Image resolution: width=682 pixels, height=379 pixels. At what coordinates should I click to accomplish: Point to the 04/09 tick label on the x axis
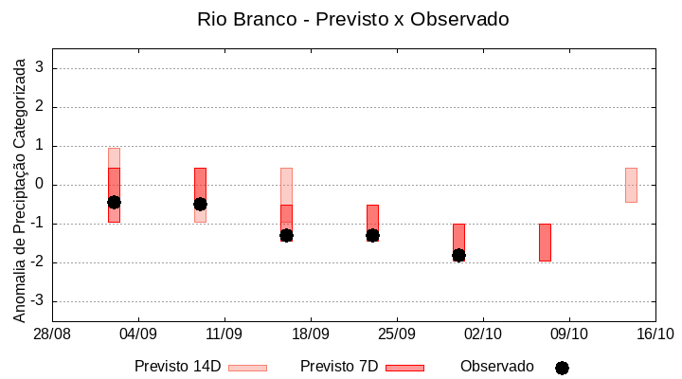point(138,334)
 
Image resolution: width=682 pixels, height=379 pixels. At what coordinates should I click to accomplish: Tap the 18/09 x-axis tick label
point(311,334)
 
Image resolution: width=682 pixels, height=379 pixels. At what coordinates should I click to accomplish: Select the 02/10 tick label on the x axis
point(483,334)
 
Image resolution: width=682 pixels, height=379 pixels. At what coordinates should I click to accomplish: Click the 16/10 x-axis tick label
point(655,334)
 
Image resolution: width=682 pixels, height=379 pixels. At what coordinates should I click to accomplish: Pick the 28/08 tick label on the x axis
point(52,334)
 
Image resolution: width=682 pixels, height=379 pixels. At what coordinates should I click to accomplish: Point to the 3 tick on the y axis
point(41,68)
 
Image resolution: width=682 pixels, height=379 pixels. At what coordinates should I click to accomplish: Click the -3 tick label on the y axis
point(38,301)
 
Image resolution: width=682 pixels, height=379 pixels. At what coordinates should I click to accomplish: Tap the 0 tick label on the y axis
point(41,185)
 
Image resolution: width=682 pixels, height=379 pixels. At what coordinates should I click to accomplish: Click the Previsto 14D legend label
point(177,367)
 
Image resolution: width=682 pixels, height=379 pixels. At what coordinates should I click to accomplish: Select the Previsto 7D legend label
point(338,367)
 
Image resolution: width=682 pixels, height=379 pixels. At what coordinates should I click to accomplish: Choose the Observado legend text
point(497,367)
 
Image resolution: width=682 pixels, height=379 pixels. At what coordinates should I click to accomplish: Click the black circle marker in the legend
point(562,368)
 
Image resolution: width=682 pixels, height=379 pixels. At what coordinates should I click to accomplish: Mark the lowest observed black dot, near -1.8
point(458,255)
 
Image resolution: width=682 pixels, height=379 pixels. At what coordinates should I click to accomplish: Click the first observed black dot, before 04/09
point(114,202)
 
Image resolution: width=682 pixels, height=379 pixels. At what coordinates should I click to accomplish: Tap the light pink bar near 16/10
point(631,185)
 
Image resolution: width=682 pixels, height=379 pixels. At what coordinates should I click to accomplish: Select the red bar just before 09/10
point(545,242)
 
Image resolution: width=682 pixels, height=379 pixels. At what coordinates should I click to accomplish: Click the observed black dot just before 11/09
point(200,204)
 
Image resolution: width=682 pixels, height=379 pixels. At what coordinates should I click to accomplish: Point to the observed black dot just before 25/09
point(372,235)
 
